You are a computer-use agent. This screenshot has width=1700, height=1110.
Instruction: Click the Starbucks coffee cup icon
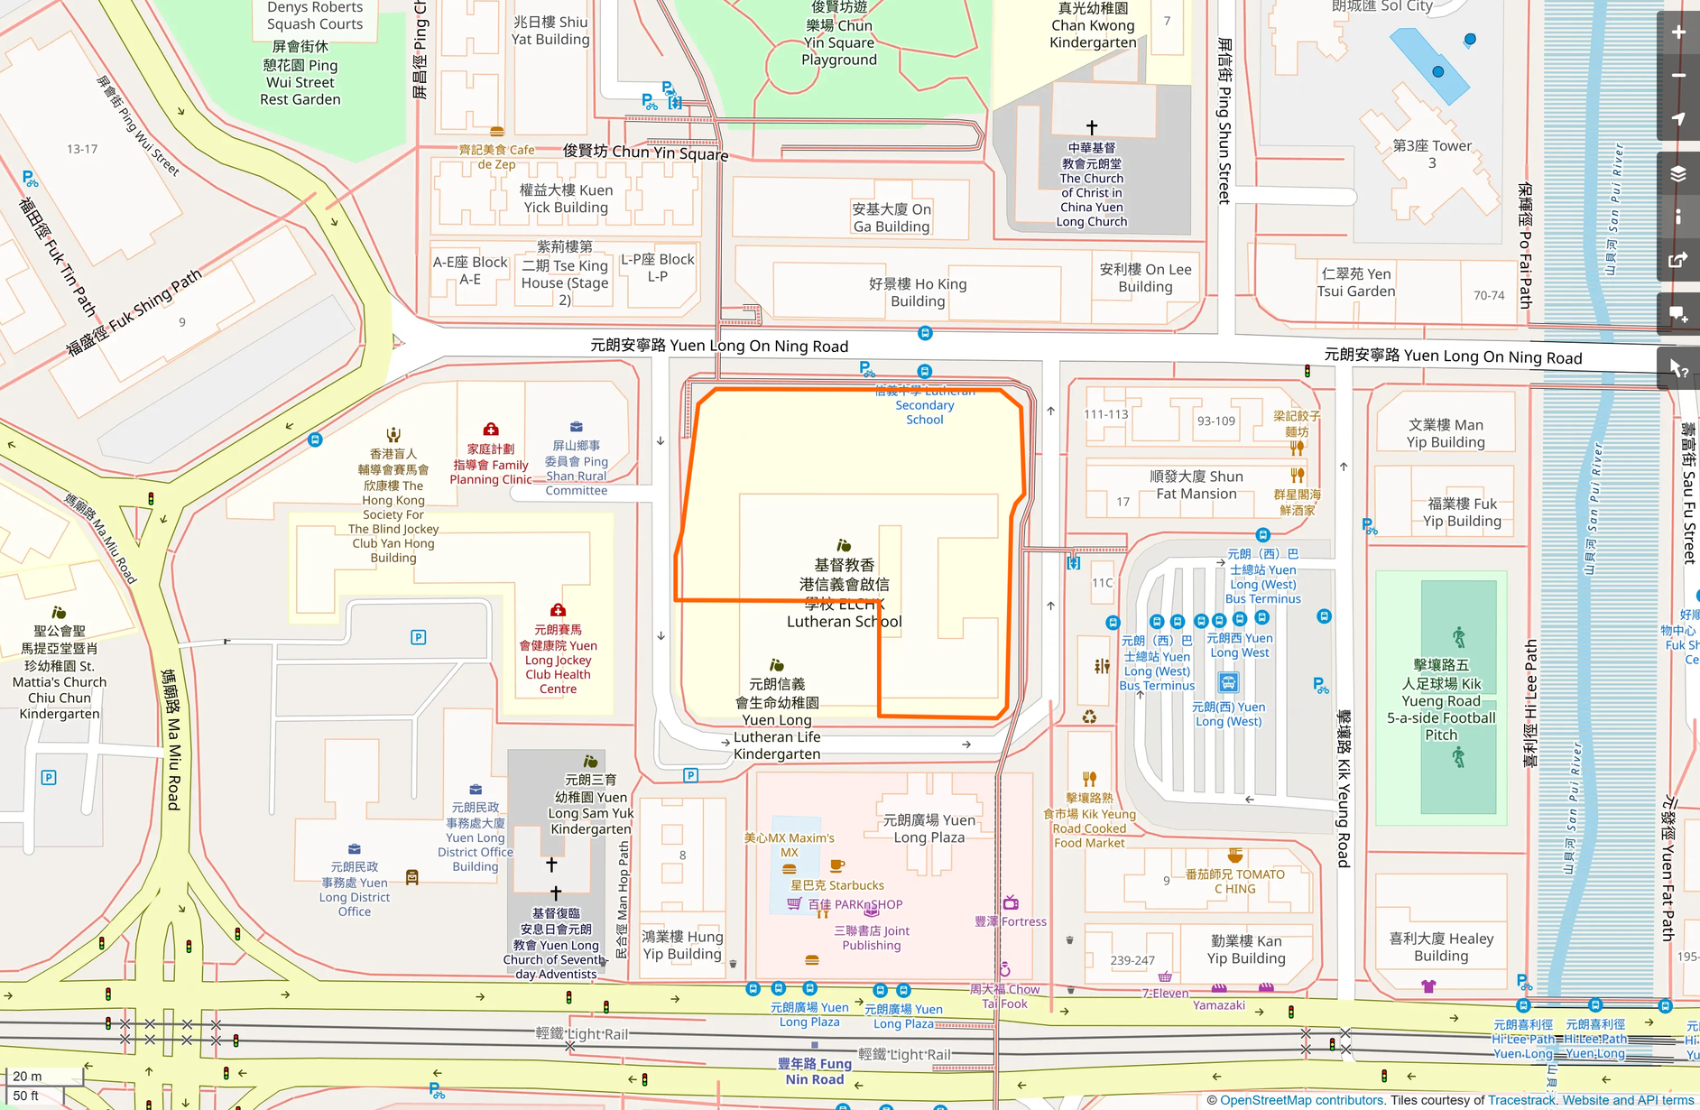pyautogui.click(x=837, y=865)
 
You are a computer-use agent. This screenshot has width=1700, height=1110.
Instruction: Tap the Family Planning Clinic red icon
pyautogui.click(x=491, y=430)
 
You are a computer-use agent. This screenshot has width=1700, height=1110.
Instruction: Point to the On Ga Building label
pyautogui.click(x=892, y=217)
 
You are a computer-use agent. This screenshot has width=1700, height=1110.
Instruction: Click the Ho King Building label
pyautogui.click(x=918, y=292)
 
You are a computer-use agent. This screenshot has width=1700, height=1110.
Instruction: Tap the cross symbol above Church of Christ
pyautogui.click(x=1092, y=127)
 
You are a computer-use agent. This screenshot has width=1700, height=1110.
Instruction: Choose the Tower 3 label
pyautogui.click(x=1432, y=154)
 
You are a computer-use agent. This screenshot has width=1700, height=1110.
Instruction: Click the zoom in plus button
pyautogui.click(x=1678, y=32)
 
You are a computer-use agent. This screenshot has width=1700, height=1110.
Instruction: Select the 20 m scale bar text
pyautogui.click(x=27, y=1076)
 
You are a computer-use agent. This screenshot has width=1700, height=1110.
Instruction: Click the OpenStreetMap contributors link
pyautogui.click(x=1302, y=1100)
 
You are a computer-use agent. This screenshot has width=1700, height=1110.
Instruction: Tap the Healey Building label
pyautogui.click(x=1441, y=947)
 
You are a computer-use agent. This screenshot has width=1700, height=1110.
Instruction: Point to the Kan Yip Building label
pyautogui.click(x=1246, y=949)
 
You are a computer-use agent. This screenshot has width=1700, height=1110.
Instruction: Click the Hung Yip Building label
pyautogui.click(x=682, y=945)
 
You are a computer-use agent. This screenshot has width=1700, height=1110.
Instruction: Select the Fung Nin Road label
pyautogui.click(x=815, y=1071)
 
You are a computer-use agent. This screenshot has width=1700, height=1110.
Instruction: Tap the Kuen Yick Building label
pyautogui.click(x=566, y=199)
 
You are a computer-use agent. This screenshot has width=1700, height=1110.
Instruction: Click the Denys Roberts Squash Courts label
pyautogui.click(x=315, y=16)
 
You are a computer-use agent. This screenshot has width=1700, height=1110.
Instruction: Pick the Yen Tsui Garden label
pyautogui.click(x=1356, y=282)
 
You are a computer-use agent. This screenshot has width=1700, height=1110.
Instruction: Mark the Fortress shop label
pyautogui.click(x=1012, y=921)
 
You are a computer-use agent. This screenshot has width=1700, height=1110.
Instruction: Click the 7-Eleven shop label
pyautogui.click(x=1165, y=993)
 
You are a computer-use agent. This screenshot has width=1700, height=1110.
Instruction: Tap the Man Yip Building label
pyautogui.click(x=1446, y=433)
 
